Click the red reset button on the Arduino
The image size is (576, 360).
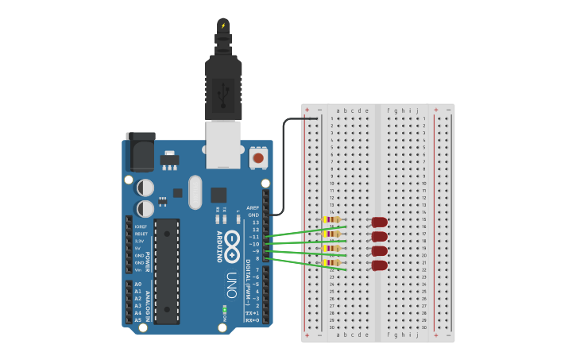(258, 157)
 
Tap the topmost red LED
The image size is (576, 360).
(379, 223)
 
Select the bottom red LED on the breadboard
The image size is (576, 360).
(379, 265)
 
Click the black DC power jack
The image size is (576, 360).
(141, 152)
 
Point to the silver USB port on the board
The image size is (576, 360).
(223, 144)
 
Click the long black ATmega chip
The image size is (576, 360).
(167, 271)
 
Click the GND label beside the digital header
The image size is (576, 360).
(253, 215)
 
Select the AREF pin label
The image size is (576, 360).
(253, 207)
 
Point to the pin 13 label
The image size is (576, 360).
(255, 222)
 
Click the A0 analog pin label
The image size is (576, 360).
(138, 284)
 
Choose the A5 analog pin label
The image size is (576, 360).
(138, 319)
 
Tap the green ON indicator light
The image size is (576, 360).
(225, 308)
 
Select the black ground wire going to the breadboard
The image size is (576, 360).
(284, 159)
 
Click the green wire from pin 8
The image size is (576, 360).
(306, 264)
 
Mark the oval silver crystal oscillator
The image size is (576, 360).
(195, 192)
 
